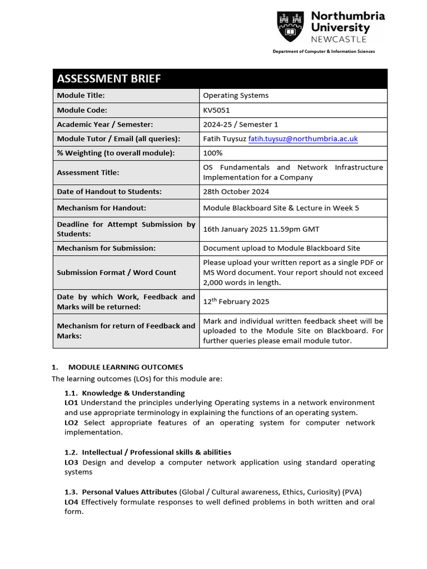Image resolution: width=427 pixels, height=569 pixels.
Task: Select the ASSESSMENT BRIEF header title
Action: click(x=109, y=79)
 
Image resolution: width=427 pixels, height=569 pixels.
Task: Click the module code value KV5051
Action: click(x=216, y=110)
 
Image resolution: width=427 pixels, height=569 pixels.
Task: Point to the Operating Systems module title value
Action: click(x=235, y=96)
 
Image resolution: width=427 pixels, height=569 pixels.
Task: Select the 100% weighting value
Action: click(x=212, y=153)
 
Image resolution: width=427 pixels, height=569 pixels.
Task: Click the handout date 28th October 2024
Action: click(x=236, y=192)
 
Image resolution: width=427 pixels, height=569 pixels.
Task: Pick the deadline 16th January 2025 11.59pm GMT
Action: click(x=261, y=229)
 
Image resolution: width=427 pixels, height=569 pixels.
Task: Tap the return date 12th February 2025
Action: click(x=236, y=302)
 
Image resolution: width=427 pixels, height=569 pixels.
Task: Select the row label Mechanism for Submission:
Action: click(x=106, y=248)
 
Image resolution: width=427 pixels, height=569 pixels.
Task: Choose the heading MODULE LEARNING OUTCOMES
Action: click(x=125, y=367)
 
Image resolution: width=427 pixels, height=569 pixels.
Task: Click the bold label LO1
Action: click(x=71, y=402)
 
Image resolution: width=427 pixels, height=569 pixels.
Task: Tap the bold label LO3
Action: click(x=71, y=462)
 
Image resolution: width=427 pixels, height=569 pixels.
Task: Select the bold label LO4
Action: click(x=71, y=502)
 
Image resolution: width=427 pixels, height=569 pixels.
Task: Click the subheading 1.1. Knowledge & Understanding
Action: click(x=125, y=393)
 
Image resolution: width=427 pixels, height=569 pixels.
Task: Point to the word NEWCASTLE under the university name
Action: click(x=339, y=39)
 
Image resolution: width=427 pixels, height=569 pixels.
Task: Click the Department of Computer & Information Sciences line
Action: click(x=323, y=52)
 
